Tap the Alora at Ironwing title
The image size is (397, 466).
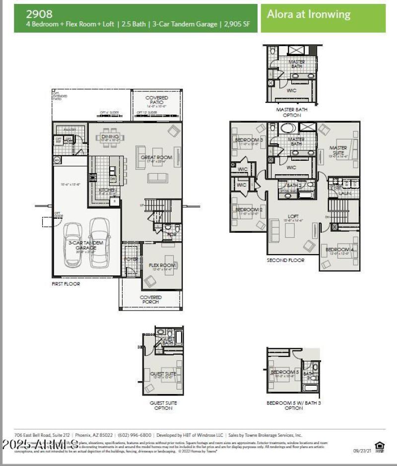click(308, 14)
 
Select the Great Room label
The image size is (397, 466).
click(156, 157)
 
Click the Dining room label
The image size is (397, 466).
click(111, 136)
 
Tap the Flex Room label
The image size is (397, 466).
click(162, 266)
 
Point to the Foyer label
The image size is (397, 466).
click(132, 259)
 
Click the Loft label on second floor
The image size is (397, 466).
click(293, 217)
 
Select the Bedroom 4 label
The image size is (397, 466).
click(339, 249)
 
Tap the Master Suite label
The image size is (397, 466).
click(338, 150)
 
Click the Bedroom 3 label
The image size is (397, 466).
click(248, 140)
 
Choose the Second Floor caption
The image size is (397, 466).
click(285, 260)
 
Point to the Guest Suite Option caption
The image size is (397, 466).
click(163, 405)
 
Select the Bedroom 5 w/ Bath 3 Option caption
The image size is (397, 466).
click(294, 405)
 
